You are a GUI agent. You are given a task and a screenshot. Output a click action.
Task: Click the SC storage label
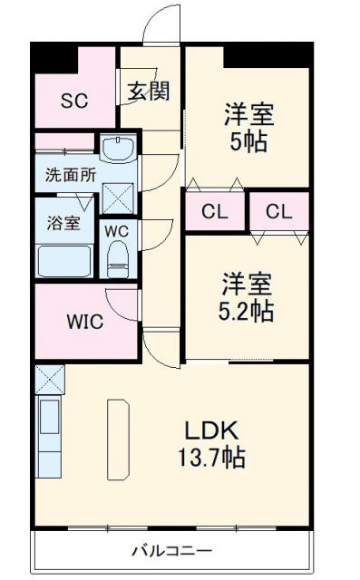[73, 101]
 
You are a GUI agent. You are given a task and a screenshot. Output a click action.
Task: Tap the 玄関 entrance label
[148, 92]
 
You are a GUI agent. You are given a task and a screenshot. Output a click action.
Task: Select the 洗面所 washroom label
[70, 176]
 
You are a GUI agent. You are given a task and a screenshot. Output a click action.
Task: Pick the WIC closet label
[83, 322]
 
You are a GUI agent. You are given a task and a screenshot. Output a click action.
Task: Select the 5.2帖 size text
[246, 311]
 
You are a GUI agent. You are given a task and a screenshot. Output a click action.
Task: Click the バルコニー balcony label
[171, 550]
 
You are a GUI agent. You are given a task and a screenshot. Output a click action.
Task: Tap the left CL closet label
[215, 213]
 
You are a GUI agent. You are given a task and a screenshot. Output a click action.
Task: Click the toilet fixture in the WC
[118, 259]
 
